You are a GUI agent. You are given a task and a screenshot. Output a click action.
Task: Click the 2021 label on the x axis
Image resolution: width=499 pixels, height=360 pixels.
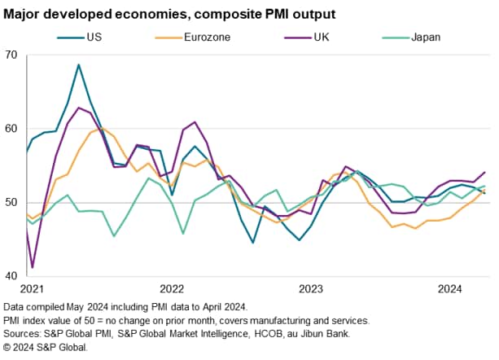click(x=32, y=289)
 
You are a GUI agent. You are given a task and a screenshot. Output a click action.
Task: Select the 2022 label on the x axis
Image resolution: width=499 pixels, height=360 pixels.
click(x=173, y=289)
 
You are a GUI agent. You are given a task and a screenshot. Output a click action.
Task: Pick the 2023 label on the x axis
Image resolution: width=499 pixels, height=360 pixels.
click(x=312, y=289)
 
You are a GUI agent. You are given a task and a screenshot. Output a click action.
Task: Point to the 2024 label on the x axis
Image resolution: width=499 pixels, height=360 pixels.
click(x=451, y=289)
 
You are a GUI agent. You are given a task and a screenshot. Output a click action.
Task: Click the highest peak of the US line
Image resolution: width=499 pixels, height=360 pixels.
click(x=78, y=64)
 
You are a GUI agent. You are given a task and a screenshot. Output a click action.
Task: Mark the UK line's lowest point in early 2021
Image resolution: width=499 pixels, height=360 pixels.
click(x=33, y=267)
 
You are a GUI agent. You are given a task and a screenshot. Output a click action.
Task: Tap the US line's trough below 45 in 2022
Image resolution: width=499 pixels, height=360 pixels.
click(x=253, y=243)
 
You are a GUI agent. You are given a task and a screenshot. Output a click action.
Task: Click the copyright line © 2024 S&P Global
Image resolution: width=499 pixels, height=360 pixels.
click(x=46, y=347)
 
